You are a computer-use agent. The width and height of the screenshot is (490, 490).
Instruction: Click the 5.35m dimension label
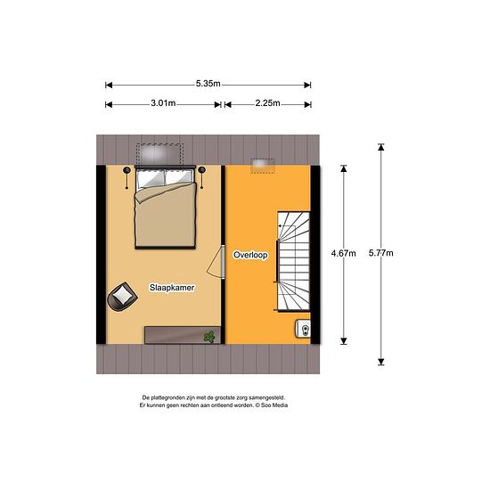[208, 84]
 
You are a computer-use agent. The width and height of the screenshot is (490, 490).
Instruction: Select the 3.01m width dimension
[163, 103]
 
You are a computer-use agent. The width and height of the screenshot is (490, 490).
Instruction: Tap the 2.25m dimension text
[267, 103]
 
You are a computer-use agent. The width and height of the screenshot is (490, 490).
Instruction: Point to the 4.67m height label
[343, 253]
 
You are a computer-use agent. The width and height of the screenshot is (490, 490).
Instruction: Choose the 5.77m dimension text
[381, 253]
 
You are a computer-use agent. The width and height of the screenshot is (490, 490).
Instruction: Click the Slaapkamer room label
[172, 288]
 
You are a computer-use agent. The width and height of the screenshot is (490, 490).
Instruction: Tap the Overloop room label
[250, 255]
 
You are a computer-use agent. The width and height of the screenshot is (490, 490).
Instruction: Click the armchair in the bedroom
[122, 297]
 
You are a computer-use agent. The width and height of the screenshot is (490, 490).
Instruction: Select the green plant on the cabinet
[209, 337]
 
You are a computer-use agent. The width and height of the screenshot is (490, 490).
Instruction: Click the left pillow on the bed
[151, 179]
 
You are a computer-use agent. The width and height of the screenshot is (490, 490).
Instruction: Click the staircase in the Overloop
[293, 262]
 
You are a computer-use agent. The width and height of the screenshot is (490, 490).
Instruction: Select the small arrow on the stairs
[287, 225]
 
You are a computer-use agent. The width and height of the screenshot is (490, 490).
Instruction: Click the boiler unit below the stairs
[303, 329]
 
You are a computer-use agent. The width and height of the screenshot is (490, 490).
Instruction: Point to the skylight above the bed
[159, 154]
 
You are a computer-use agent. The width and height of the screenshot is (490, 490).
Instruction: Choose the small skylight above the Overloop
[263, 166]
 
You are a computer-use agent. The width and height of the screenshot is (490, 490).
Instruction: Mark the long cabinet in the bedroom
[183, 335]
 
